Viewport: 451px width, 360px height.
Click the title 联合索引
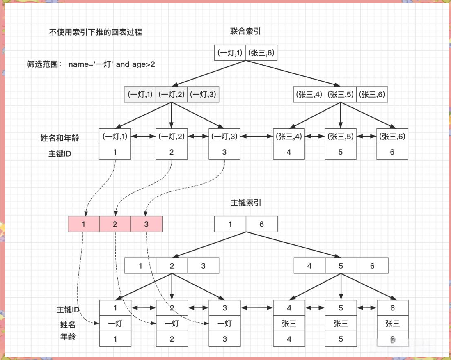(246, 32)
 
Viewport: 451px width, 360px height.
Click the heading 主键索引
(246, 203)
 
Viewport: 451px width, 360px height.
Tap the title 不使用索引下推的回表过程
(95, 32)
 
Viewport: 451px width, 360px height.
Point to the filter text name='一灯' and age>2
(112, 64)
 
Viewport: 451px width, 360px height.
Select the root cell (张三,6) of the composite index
(261, 52)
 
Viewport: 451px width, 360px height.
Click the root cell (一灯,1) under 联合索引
(230, 52)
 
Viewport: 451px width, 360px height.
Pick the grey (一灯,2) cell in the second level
(172, 94)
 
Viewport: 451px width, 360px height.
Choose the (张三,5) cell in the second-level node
(340, 94)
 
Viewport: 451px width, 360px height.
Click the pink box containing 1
(84, 224)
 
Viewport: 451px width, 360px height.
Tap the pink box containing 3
(147, 224)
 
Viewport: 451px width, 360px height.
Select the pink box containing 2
(115, 224)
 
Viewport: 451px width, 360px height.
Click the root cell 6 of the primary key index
(261, 224)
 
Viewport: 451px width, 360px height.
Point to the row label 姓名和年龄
(63, 138)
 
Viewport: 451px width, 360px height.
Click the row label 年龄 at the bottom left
(68, 337)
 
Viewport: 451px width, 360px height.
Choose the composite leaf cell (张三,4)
(289, 137)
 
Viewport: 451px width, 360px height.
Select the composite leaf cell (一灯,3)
(224, 137)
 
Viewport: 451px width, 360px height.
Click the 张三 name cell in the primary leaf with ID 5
(341, 324)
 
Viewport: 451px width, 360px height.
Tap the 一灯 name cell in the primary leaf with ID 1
(115, 324)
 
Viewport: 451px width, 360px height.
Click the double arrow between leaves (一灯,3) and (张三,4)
(257, 137)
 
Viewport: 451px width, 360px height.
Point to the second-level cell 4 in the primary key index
(309, 266)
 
